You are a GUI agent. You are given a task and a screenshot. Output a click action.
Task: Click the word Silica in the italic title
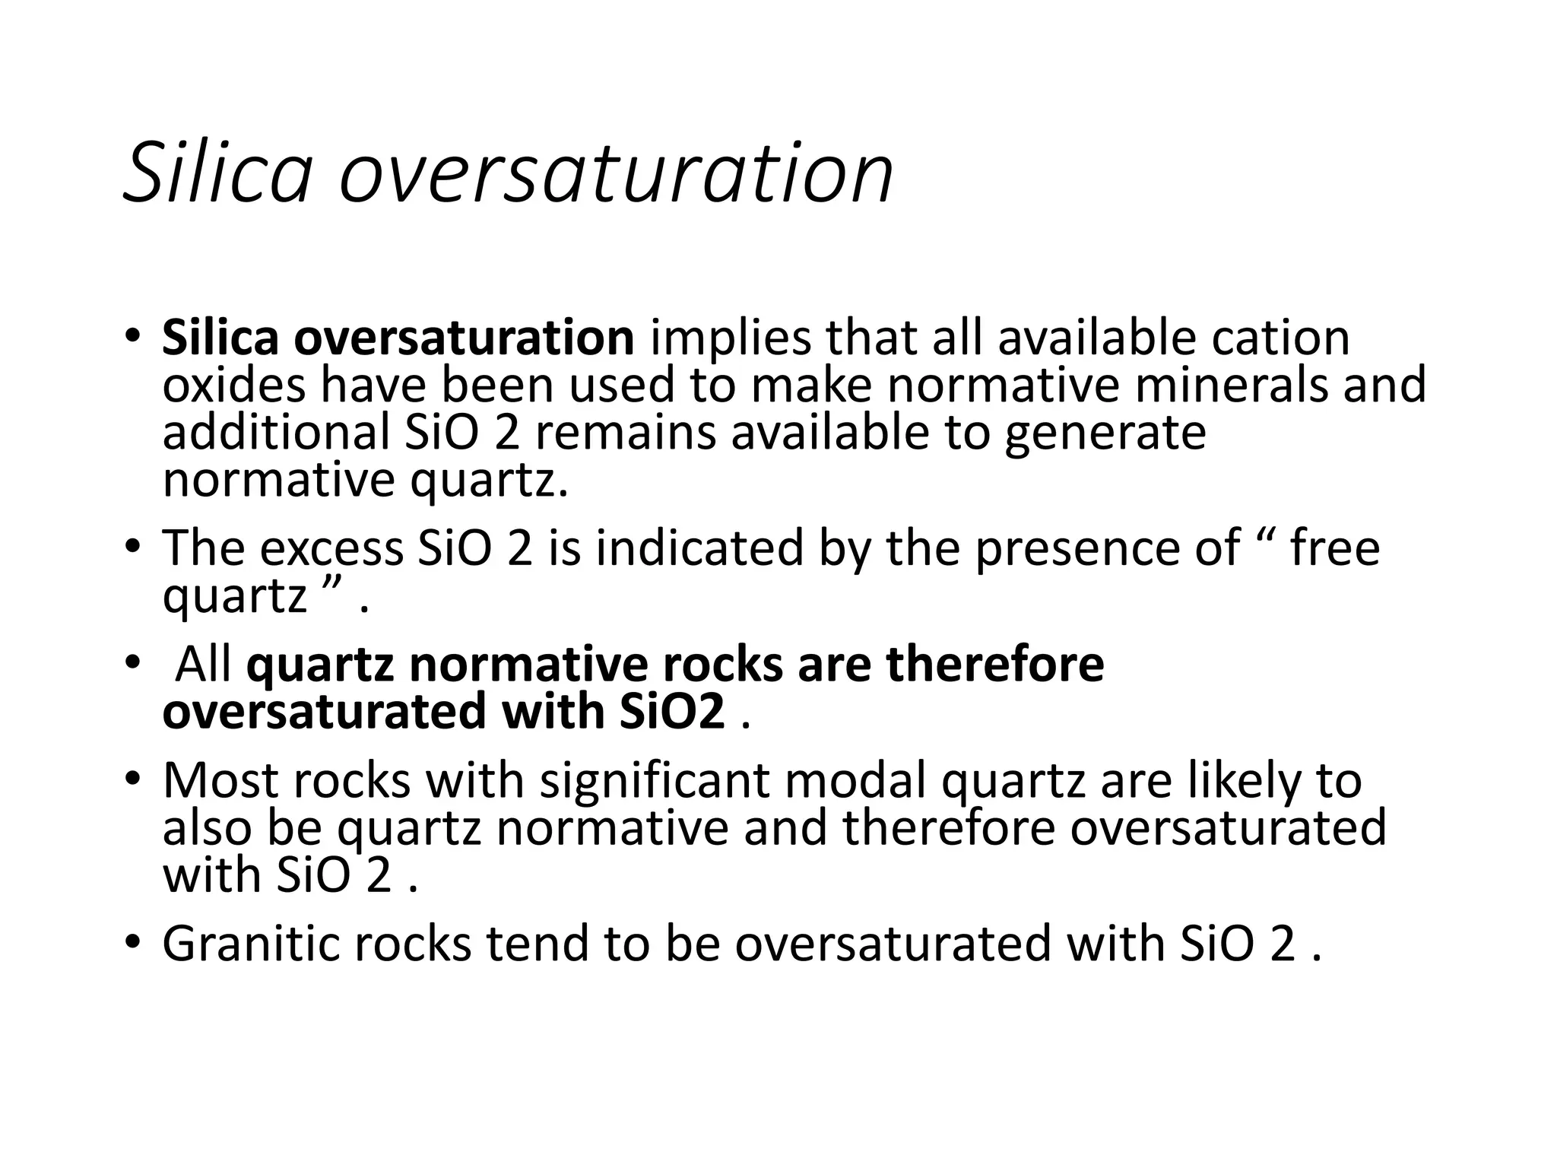217,173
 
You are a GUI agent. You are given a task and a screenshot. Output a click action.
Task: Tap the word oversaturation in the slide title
616,173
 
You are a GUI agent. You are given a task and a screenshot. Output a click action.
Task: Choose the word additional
276,433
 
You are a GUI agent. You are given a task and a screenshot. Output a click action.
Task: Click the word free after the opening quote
1335,547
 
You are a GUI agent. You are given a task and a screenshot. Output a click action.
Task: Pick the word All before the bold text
203,665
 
